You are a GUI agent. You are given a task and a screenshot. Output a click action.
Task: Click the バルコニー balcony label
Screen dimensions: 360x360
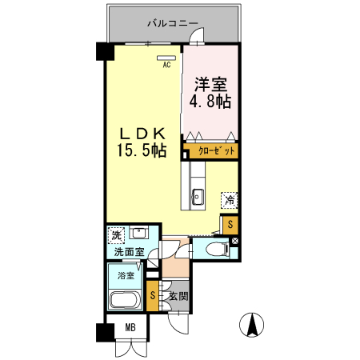click(172, 24)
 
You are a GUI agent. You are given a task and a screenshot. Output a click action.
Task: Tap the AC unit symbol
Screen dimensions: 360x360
click(167, 57)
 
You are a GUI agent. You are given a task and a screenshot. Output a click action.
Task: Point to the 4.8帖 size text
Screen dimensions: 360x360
click(210, 102)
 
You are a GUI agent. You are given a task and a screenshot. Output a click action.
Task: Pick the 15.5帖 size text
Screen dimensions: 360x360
click(143, 150)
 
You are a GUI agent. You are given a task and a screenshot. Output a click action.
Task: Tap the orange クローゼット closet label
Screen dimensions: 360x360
click(212, 150)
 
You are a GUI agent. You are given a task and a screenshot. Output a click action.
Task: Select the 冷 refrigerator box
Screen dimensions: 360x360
click(230, 199)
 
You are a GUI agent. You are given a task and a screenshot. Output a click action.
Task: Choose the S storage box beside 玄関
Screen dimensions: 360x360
click(154, 297)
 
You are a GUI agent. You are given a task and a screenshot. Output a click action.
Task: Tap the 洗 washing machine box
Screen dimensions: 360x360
click(117, 236)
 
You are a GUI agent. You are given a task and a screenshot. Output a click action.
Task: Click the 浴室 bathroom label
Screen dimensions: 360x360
click(126, 275)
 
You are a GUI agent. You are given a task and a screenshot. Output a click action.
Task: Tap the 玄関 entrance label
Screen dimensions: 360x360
click(177, 297)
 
